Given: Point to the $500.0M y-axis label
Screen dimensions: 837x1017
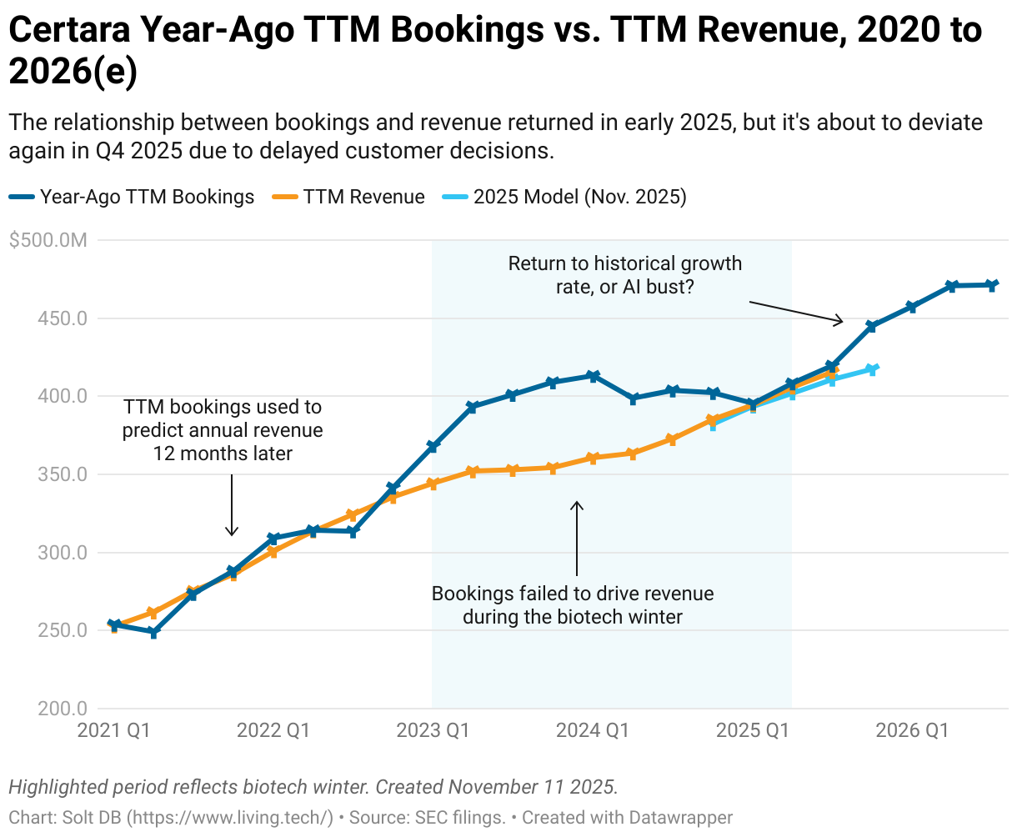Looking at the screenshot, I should tap(48, 240).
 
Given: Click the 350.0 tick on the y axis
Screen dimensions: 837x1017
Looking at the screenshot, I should tap(63, 474).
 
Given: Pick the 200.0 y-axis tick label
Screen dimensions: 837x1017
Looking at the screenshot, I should tap(63, 709).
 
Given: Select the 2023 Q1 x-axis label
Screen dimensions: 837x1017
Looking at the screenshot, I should tap(433, 731).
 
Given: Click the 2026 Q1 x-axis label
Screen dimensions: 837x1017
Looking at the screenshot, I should tap(912, 731).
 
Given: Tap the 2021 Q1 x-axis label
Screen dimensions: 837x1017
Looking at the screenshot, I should tap(113, 731).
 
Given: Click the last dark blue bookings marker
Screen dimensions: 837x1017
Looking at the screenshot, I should tap(992, 285).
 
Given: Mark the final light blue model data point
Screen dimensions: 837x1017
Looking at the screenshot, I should tap(873, 369).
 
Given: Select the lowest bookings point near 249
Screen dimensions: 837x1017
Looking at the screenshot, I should tap(153, 633).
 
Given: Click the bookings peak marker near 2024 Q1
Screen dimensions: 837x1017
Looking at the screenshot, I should tap(593, 376).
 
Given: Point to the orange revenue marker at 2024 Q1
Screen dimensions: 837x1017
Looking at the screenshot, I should tap(593, 458).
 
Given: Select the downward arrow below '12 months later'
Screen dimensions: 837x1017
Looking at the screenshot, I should tap(233, 505).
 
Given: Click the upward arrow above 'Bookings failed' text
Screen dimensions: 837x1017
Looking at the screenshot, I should tap(577, 538).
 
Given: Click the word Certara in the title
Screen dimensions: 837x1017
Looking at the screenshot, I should tap(68, 31).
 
